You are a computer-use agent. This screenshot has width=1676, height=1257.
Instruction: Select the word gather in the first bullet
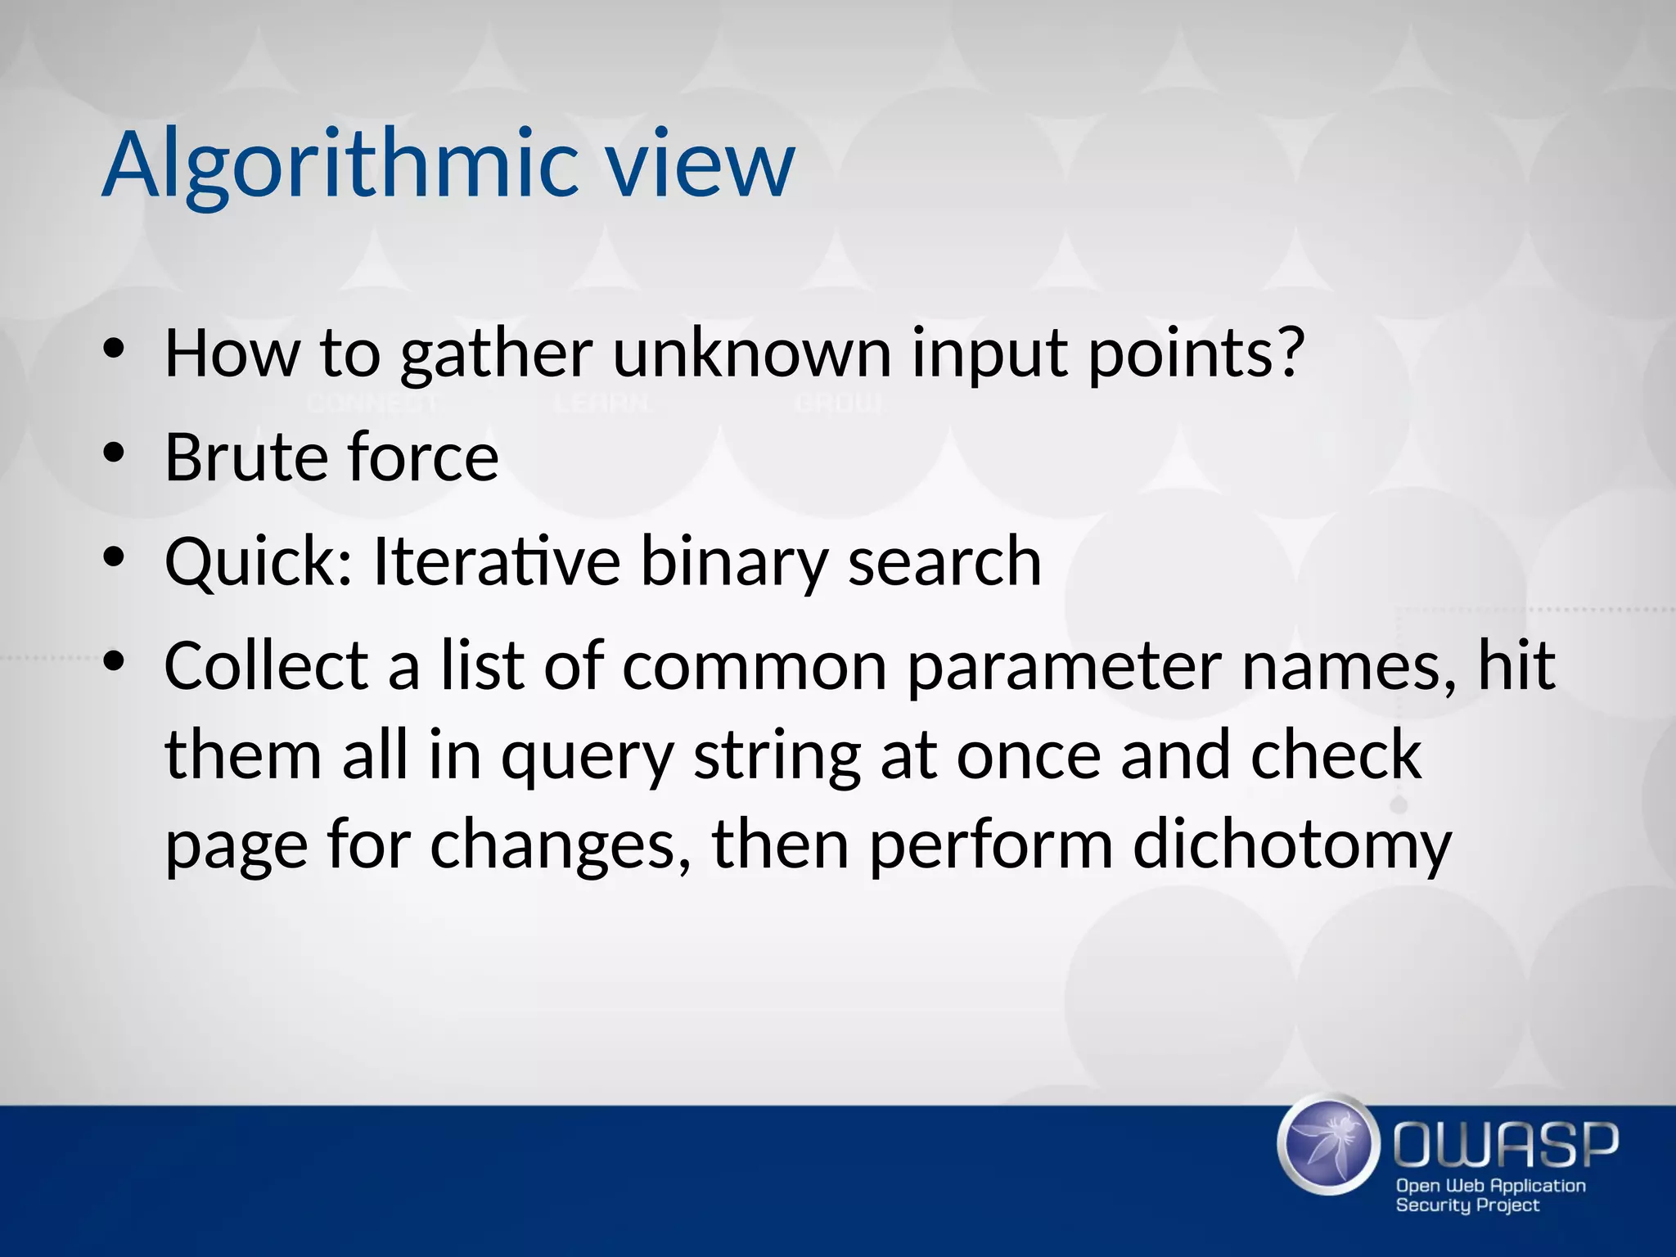tap(496, 354)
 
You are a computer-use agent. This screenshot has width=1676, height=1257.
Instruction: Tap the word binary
tap(733, 562)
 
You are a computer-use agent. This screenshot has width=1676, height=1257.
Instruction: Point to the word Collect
tap(266, 665)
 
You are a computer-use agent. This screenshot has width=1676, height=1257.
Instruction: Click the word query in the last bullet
tap(587, 757)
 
